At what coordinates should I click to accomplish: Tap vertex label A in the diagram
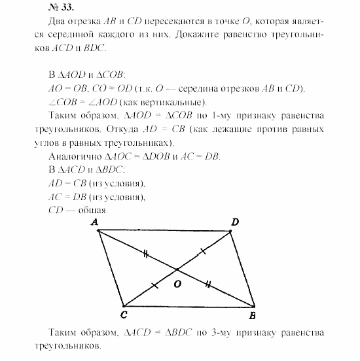click(96, 223)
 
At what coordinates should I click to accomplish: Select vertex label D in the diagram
click(234, 223)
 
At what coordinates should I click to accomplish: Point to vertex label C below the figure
click(124, 315)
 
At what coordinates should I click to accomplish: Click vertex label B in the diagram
click(253, 315)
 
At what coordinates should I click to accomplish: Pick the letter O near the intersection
click(176, 284)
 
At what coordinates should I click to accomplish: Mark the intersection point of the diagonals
click(175, 269)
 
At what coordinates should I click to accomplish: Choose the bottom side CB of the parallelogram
click(190, 305)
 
